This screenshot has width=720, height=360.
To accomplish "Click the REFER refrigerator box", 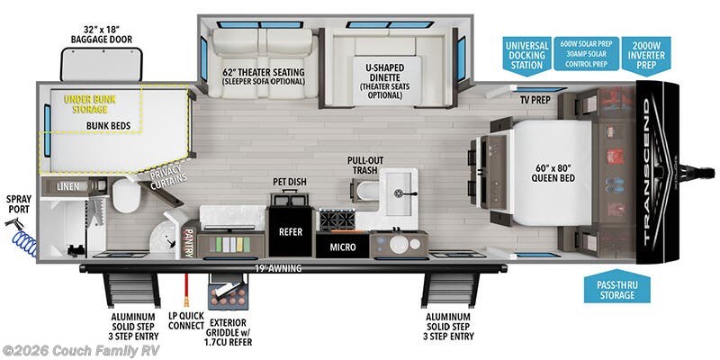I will point(290,229).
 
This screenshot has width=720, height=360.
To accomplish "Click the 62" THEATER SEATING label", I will point(263,76).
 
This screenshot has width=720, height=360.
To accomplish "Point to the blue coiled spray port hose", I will point(24,238).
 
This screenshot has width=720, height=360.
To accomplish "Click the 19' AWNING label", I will point(273,268).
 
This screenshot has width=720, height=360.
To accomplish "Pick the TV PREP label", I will point(534,98).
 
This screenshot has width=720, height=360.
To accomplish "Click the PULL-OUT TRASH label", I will point(368,166).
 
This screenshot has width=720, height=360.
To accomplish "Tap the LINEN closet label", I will point(67,186).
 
